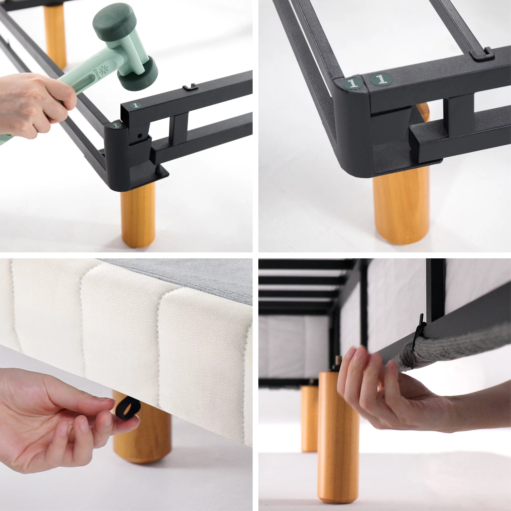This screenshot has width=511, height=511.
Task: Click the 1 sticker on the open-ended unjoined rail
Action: point(136,105)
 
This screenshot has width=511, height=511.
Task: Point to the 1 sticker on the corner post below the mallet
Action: point(116,125)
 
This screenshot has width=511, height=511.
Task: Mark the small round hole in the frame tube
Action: point(140,136)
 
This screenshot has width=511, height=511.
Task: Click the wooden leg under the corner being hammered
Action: point(138,214)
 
